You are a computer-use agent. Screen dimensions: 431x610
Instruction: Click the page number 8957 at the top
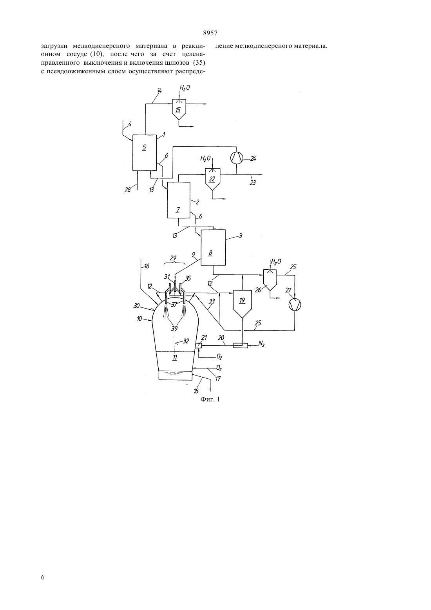[210, 33]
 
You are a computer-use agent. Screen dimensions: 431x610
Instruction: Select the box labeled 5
[145, 152]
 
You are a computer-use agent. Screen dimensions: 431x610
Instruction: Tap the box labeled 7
[179, 200]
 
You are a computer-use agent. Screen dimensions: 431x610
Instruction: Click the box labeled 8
[213, 247]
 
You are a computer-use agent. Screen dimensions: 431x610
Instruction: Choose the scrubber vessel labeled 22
[212, 179]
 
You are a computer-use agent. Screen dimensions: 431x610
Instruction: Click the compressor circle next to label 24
[236, 158]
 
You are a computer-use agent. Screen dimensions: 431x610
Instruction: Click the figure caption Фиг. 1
[210, 399]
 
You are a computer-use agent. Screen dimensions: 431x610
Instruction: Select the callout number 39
[174, 329]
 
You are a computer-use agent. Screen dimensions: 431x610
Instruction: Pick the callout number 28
[128, 190]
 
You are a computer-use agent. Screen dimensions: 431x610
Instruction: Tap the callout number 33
[212, 301]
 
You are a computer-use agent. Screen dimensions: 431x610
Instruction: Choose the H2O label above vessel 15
[185, 88]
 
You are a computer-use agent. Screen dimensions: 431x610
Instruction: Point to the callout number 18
[196, 391]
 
